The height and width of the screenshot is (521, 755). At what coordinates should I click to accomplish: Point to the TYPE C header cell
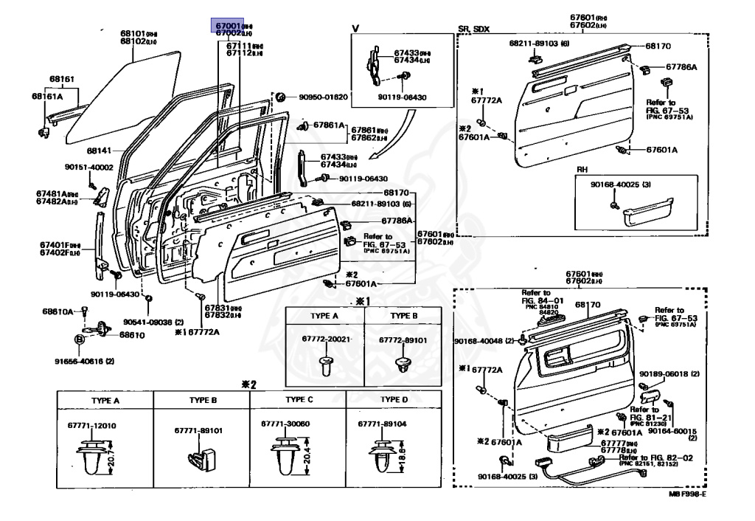tap(296, 400)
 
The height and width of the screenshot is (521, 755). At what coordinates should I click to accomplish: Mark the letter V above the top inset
tap(355, 28)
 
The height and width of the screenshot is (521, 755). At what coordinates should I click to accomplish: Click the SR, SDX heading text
tap(473, 29)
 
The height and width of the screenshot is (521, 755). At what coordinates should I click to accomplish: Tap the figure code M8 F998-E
tap(687, 494)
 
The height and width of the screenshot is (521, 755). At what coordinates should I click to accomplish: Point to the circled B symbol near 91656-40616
tap(79, 339)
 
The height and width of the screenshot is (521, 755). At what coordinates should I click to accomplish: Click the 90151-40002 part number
tap(88, 168)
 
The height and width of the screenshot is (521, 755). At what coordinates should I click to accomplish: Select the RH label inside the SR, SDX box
tap(582, 169)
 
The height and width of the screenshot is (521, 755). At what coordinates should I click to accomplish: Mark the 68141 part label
tap(100, 149)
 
